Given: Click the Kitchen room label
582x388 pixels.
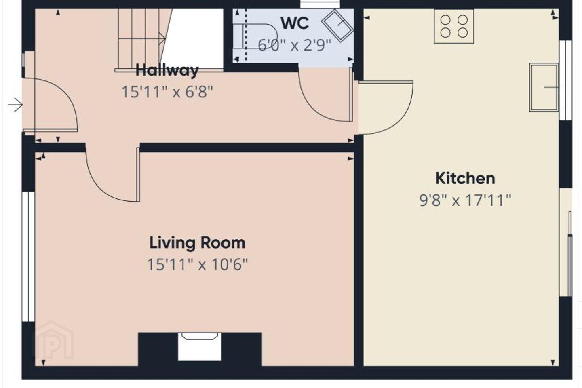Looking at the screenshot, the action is [x=465, y=179].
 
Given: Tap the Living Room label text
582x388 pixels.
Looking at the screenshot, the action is [x=197, y=243].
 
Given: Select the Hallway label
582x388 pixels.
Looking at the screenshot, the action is [x=167, y=70].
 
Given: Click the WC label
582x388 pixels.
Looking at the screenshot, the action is [x=295, y=23].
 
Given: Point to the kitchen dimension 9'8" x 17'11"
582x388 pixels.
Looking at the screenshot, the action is [x=465, y=200].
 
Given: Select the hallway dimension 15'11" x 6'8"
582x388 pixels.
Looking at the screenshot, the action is [x=167, y=92].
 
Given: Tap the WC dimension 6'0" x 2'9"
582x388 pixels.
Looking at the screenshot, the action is [x=294, y=45].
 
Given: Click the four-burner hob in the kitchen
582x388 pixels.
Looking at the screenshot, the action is [x=454, y=26].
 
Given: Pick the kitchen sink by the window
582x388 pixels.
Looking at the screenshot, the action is [x=544, y=88].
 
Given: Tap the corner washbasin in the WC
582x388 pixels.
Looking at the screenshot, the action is [x=338, y=25].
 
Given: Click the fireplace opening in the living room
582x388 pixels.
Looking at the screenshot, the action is [x=200, y=347].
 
